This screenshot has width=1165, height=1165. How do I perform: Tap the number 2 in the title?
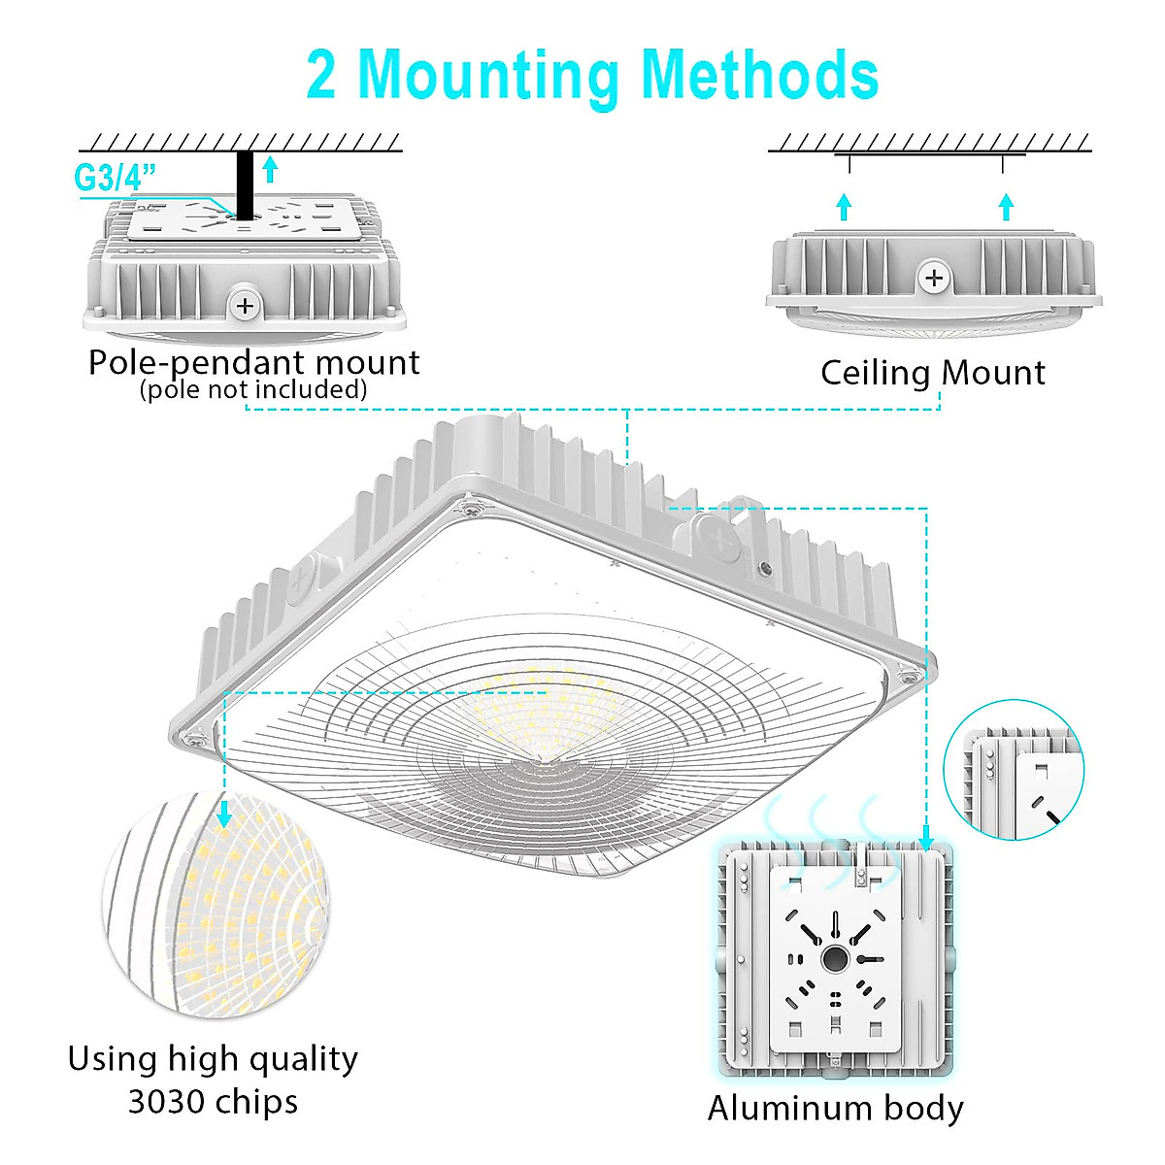321,75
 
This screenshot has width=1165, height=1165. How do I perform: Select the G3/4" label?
115,178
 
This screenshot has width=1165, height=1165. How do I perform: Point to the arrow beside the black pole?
270,170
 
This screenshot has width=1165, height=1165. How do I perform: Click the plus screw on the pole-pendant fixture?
245,306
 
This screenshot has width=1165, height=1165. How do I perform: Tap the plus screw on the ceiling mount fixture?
934,279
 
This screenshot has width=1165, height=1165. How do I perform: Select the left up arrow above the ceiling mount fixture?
844,206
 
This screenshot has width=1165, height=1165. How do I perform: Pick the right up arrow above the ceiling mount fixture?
1006,206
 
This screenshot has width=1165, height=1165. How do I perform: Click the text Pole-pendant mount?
254,362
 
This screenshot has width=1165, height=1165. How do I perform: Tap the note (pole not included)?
253,389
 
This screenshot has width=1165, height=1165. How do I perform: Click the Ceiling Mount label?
932,372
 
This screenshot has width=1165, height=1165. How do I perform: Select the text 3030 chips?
213,1101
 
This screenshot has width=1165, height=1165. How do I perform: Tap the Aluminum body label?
835,1108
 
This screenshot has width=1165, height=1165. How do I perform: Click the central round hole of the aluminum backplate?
834,959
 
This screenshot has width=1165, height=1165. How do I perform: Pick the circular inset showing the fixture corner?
1014,770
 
